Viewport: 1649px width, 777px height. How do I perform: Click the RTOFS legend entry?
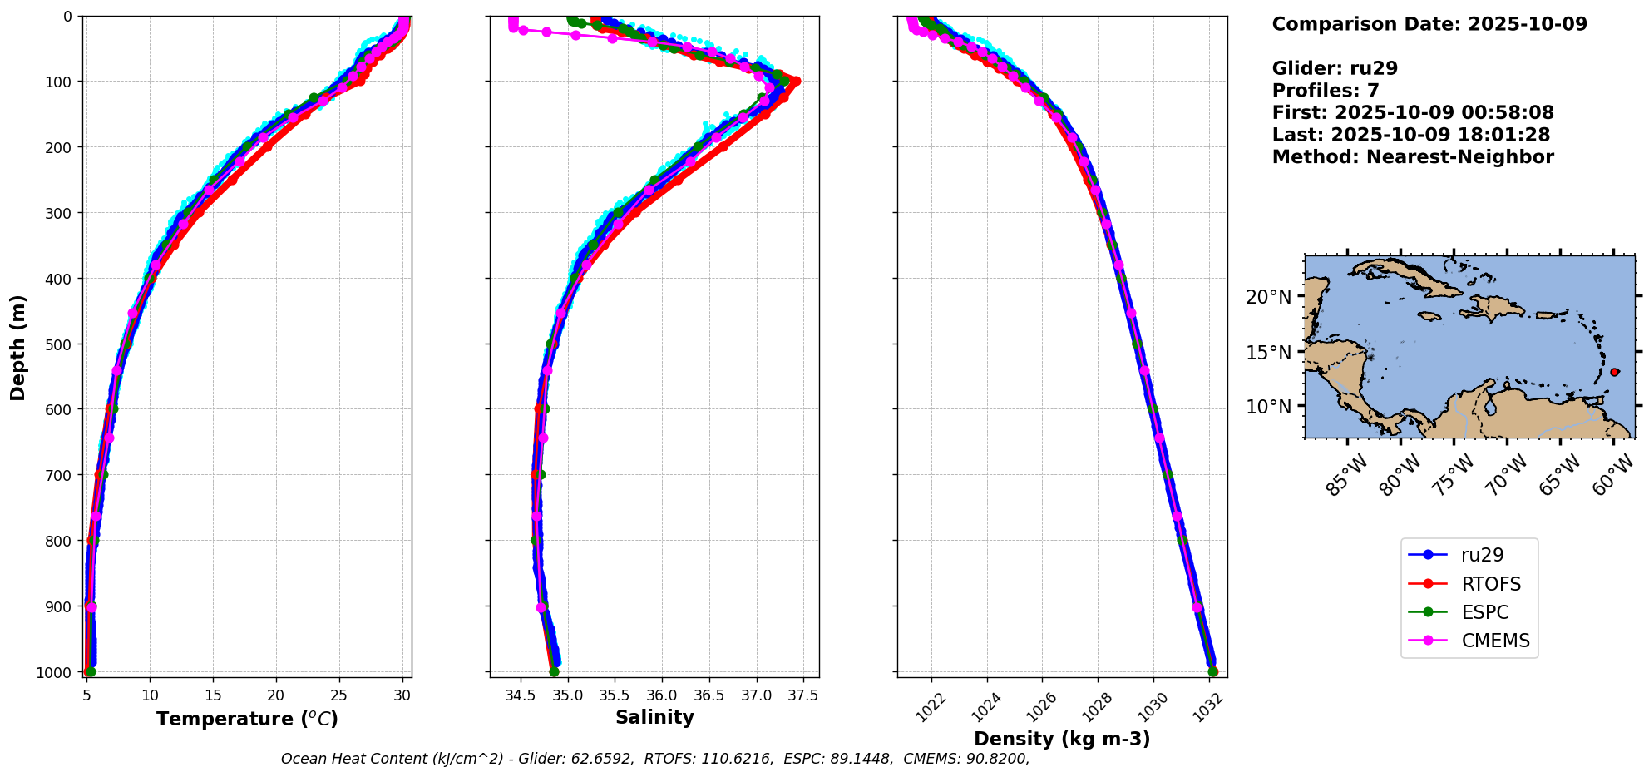coord(1491,584)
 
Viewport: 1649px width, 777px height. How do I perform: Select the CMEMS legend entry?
coord(1495,641)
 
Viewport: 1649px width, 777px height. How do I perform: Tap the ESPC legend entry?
coord(1484,612)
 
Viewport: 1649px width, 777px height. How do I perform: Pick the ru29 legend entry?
coord(1482,555)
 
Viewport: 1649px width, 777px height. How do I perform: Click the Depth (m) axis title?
coord(18,348)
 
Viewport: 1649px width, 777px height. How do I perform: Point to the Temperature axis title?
coord(247,719)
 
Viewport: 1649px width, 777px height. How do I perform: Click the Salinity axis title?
coord(654,717)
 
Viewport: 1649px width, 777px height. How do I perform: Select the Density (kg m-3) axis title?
coord(1062,739)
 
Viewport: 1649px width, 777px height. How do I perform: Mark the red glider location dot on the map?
coord(1614,372)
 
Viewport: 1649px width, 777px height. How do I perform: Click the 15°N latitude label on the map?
coord(1269,353)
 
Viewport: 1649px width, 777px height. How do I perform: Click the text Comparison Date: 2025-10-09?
coord(1429,24)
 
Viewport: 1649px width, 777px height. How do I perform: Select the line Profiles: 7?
coord(1326,91)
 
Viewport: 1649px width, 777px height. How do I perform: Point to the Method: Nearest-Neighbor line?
coord(1413,157)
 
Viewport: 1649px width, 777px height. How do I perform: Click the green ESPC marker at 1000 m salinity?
coord(554,671)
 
